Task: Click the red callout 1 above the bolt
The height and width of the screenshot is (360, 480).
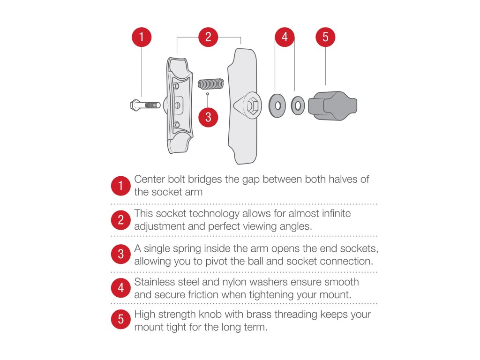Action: pyautogui.click(x=142, y=37)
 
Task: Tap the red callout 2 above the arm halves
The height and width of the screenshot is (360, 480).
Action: pyautogui.click(x=208, y=37)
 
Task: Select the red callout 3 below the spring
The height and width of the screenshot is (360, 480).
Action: pyautogui.click(x=208, y=117)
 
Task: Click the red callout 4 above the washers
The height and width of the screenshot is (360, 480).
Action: pyautogui.click(x=285, y=37)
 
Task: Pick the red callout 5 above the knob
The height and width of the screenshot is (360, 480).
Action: pyautogui.click(x=325, y=37)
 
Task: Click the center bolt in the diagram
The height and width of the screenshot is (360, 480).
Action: pyautogui.click(x=145, y=105)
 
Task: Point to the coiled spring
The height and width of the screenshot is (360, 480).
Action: pyautogui.click(x=210, y=84)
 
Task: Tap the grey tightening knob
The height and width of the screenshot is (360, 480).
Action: pyautogui.click(x=332, y=105)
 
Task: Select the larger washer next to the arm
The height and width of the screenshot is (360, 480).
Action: pyautogui.click(x=277, y=105)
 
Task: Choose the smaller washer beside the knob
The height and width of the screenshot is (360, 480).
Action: pyautogui.click(x=298, y=105)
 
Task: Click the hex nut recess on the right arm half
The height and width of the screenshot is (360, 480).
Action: pyautogui.click(x=253, y=106)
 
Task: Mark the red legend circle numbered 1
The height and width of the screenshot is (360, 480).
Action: pyautogui.click(x=121, y=186)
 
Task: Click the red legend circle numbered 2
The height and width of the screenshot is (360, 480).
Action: pyautogui.click(x=121, y=220)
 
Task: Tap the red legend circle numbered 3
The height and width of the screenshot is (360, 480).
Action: pyautogui.click(x=121, y=254)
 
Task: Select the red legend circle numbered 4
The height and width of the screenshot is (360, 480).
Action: pyautogui.click(x=121, y=288)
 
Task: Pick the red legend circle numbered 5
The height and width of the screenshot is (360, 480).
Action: pyautogui.click(x=121, y=319)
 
